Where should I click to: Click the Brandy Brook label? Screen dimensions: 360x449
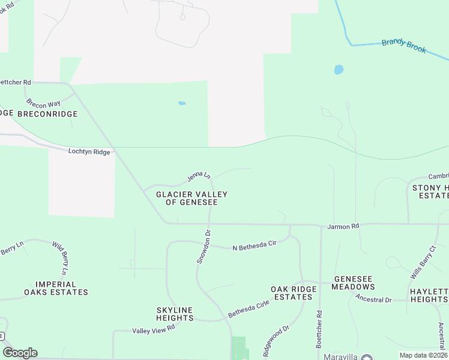404,46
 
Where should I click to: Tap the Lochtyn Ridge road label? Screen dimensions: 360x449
89,152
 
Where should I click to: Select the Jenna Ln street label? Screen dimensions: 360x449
199,176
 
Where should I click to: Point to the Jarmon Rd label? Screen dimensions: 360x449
343,227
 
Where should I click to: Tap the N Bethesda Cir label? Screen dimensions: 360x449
254,245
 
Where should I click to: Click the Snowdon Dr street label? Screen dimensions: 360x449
203,246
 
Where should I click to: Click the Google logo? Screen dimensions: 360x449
20,353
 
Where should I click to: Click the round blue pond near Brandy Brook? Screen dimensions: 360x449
339,70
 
